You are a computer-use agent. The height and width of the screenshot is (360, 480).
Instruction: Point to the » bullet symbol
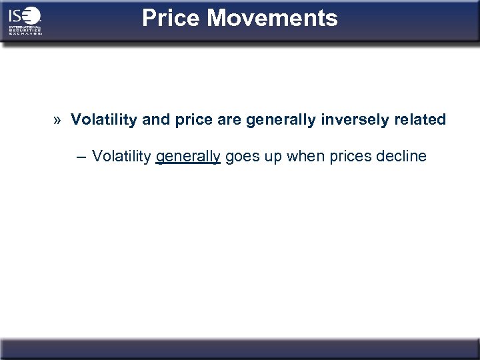tap(58, 120)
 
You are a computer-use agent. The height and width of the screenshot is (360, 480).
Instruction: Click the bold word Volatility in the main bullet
tap(104, 120)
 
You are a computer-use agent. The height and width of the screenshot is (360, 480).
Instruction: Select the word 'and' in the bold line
tap(156, 120)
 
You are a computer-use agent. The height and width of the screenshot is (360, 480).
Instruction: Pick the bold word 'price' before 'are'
tap(193, 120)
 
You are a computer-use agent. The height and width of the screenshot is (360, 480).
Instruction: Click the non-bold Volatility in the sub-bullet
tap(121, 157)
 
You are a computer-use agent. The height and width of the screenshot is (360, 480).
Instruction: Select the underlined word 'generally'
tap(188, 157)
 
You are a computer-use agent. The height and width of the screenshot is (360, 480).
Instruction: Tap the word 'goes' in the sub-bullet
tap(241, 157)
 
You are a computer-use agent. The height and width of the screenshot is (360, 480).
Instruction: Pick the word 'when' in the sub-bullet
tap(304, 157)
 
